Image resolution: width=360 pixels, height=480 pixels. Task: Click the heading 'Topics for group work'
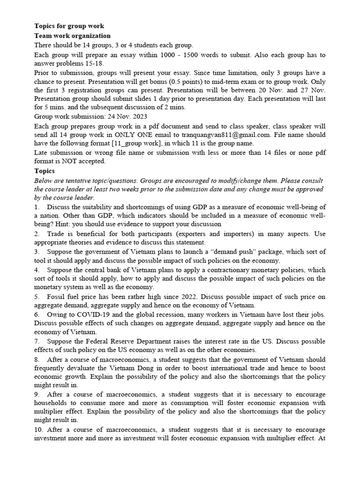pos(69,26)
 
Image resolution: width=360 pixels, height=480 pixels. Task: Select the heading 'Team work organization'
pos(73,36)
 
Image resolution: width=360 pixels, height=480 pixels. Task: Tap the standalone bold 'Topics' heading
pos(45,171)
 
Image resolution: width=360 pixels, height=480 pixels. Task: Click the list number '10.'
pos(39,429)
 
